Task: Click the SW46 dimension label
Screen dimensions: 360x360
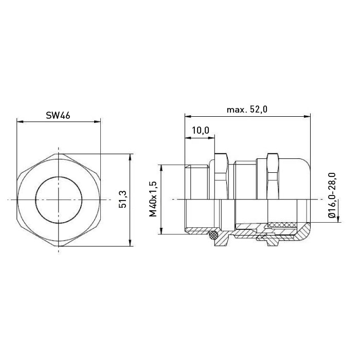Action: point(58,116)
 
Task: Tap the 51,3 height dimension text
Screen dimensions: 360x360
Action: point(122,200)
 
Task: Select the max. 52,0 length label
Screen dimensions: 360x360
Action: point(247,110)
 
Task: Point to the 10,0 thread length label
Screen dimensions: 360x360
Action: point(201,130)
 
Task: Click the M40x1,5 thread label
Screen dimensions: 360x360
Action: point(153,199)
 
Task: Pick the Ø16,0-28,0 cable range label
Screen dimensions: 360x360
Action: point(332,195)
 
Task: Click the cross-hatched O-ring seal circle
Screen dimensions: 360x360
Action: point(213,235)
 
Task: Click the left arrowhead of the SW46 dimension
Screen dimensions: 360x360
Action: point(20,122)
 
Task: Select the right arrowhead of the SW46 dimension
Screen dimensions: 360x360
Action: point(97,122)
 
